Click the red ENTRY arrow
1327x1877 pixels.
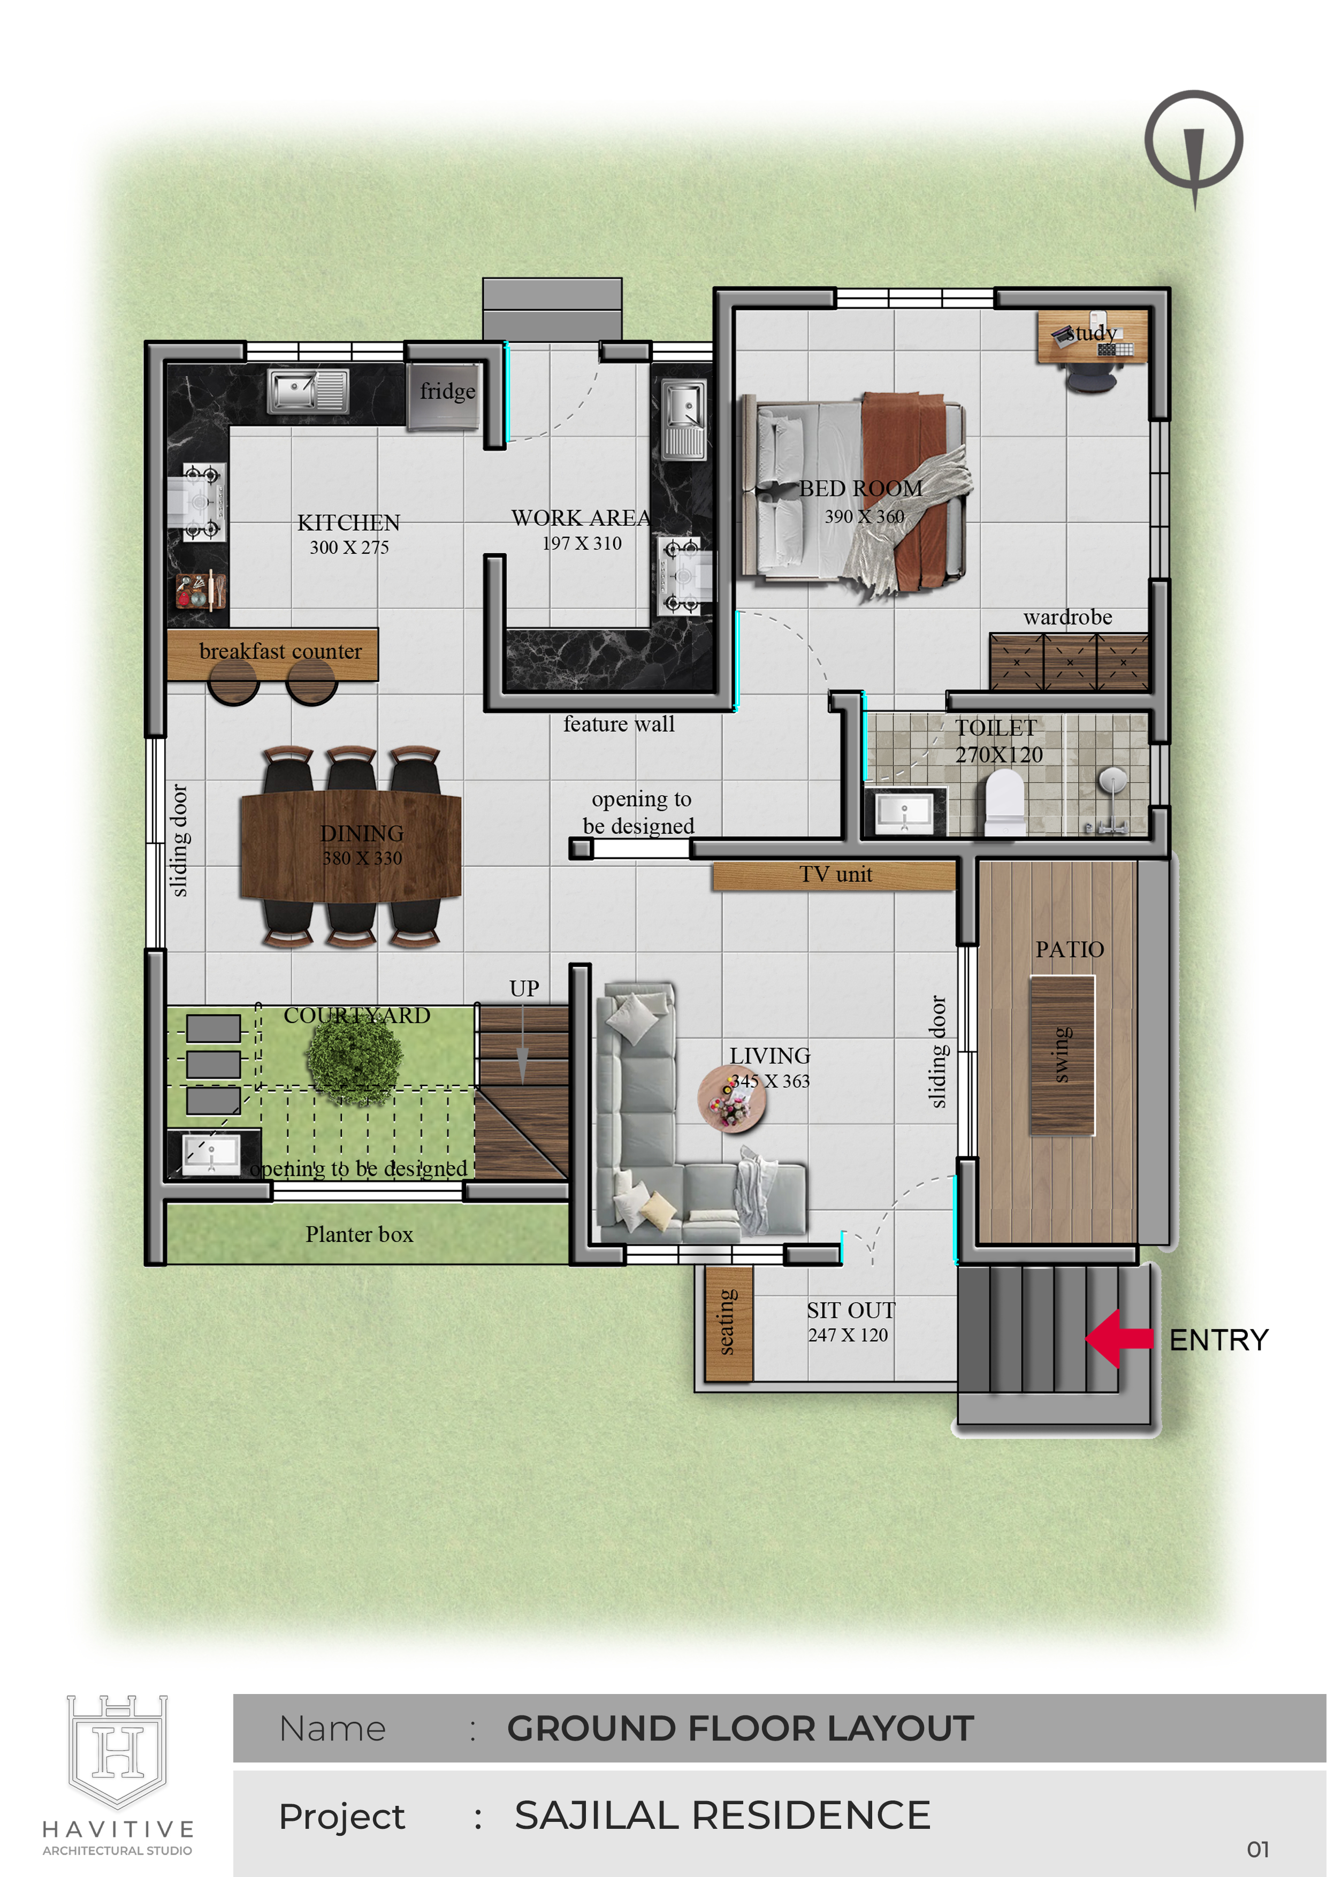coord(1118,1338)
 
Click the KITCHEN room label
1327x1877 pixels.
coord(348,522)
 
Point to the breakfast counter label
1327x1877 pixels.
coord(280,652)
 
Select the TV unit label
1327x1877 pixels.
coord(836,875)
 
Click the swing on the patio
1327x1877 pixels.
coord(1062,1055)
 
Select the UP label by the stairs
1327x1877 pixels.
coord(524,988)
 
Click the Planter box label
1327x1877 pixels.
coord(359,1234)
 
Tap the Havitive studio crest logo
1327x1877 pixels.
coord(118,1751)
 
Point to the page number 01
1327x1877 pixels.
coord(1259,1849)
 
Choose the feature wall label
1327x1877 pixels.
coord(619,724)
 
